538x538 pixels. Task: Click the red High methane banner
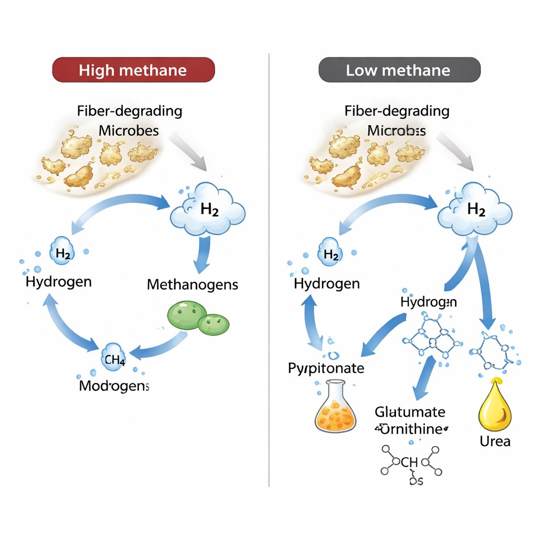tap(133, 70)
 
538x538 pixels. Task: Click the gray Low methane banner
tap(399, 70)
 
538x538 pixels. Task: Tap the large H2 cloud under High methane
tap(208, 210)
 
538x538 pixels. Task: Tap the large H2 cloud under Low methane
tap(475, 210)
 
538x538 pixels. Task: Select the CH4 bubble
tap(114, 360)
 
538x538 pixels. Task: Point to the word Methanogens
tap(192, 285)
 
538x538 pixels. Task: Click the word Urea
tap(495, 441)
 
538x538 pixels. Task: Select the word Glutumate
tap(410, 412)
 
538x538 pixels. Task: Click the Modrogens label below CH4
tap(114, 386)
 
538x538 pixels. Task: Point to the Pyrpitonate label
tap(326, 368)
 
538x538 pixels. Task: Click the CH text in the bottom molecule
tap(409, 462)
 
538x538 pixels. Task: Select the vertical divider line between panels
tap(269, 263)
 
